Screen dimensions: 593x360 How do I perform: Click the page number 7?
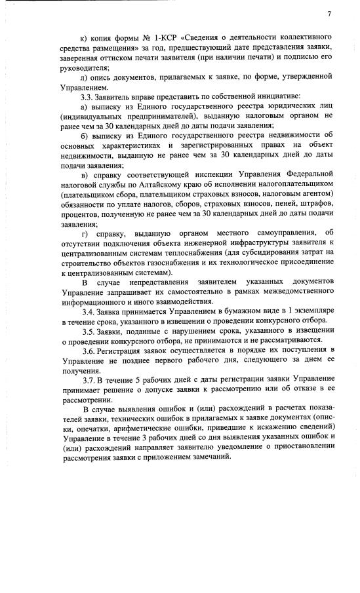329,14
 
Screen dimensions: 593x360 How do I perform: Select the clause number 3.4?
87,311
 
